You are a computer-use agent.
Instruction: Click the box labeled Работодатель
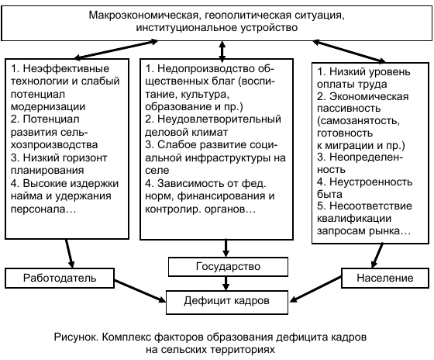(50, 277)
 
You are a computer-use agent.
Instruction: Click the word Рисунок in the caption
(77, 338)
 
